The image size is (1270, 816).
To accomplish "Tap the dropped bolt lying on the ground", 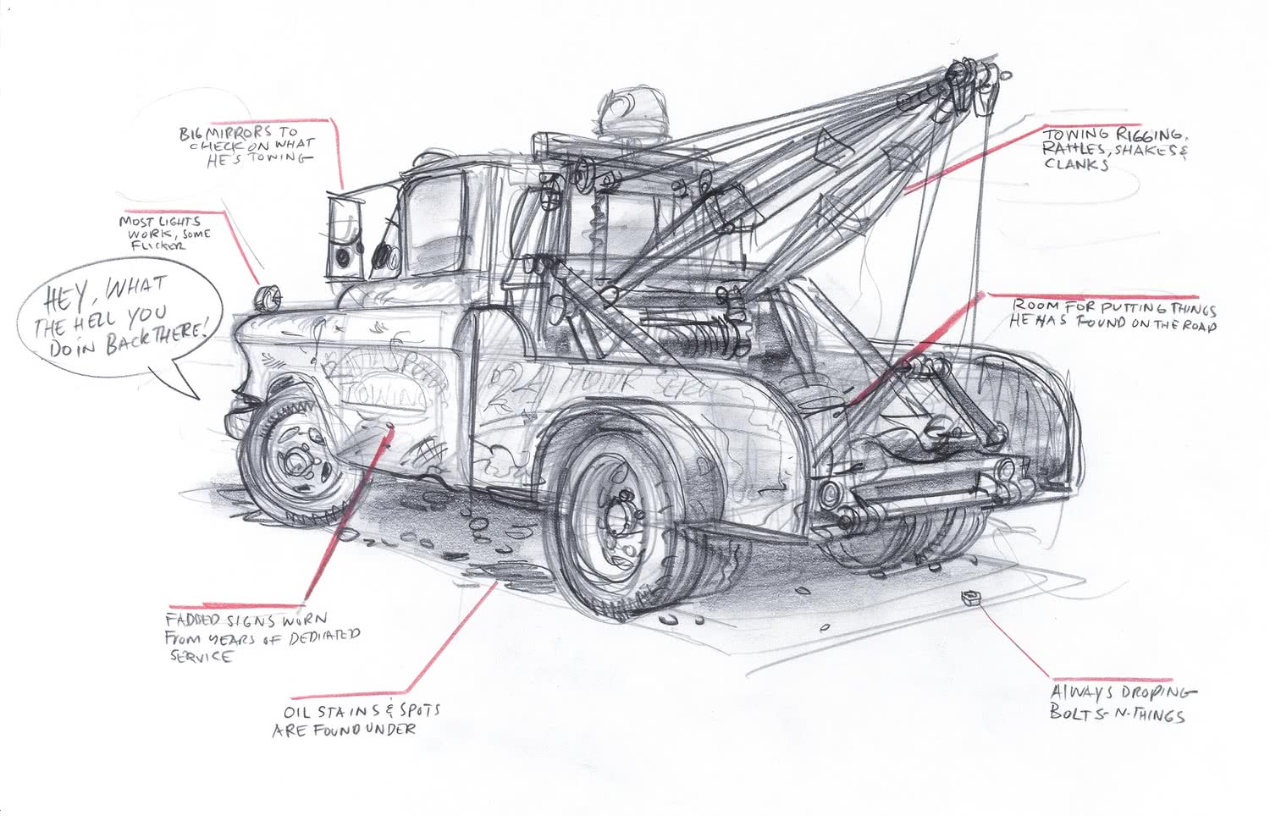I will tap(970, 598).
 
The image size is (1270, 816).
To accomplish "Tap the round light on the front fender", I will tap(268, 297).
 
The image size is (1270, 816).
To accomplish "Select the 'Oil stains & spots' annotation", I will tap(356, 720).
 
